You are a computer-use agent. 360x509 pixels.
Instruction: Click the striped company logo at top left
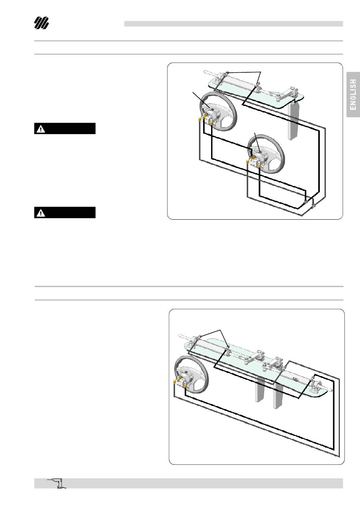click(x=41, y=23)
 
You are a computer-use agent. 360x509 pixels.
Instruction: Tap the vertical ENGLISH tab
click(x=353, y=95)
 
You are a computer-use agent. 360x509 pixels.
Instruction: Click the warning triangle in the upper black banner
click(x=41, y=129)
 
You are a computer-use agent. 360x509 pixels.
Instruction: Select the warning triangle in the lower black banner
click(x=41, y=213)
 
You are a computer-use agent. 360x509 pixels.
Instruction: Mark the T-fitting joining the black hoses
click(x=305, y=201)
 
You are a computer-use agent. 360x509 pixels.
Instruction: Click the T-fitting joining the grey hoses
click(x=313, y=206)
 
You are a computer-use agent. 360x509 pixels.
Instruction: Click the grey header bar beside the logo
click(x=233, y=23)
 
